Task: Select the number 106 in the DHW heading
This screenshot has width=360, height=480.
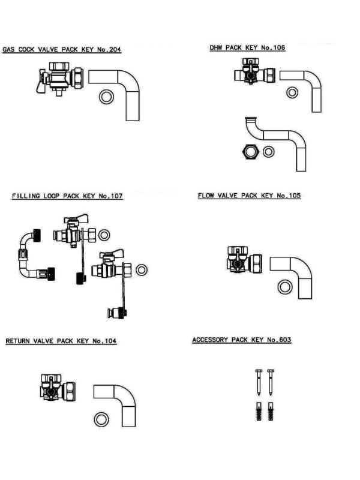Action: [277, 47]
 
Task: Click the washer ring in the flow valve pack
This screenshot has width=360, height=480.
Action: [284, 287]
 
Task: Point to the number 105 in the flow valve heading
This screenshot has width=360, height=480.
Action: [293, 196]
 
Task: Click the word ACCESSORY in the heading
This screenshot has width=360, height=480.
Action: [210, 340]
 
